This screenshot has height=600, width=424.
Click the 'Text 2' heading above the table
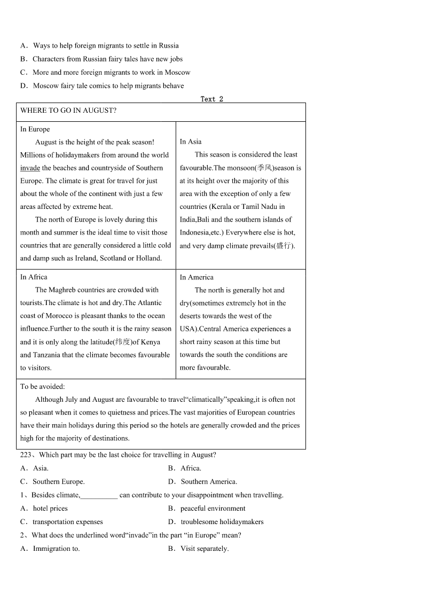(211, 99)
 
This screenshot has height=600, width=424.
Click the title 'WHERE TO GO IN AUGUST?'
(68, 111)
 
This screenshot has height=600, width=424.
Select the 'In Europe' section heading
(35, 129)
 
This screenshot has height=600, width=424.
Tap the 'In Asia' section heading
(191, 142)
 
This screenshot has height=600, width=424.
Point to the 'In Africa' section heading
(34, 277)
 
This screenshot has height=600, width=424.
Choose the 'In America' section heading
(197, 277)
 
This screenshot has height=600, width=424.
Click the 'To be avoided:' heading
(43, 386)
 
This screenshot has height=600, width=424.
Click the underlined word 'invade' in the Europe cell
(30, 168)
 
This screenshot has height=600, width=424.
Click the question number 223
(26, 455)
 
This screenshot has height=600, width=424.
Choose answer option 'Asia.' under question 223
(41, 468)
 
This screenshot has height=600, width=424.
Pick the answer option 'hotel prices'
(50, 508)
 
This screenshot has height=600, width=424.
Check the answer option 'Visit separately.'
(205, 548)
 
